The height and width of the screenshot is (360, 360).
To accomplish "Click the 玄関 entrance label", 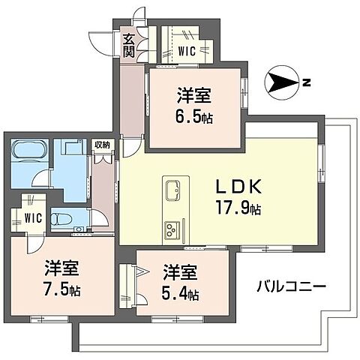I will pos(129,45).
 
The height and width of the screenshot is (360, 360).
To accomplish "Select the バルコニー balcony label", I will pos(290,286).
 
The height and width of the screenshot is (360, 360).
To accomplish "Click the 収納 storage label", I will pos(102,145).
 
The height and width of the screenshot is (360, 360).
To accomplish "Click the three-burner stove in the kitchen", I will pos(170,227).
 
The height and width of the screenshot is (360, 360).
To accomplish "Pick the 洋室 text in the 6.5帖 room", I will pos(193,96).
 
